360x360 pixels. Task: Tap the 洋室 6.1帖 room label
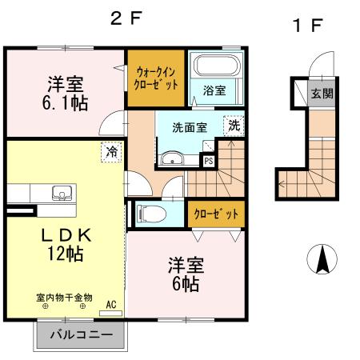(x=66, y=92)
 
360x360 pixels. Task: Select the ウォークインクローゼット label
(x=156, y=78)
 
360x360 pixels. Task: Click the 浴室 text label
(x=214, y=90)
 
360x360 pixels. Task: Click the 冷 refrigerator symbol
(x=109, y=149)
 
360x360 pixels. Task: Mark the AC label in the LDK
(x=112, y=303)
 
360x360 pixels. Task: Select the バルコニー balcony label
(x=79, y=335)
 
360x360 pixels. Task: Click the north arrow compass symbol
(x=322, y=259)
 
